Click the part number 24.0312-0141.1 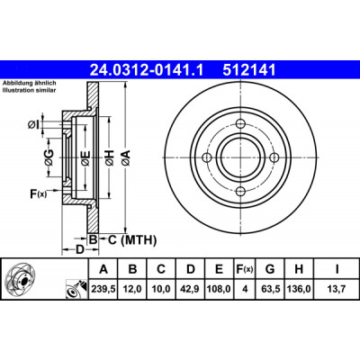tap(147, 70)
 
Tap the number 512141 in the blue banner tap(249, 70)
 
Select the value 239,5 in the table tap(103, 289)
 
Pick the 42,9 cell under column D tap(191, 289)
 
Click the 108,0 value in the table tap(220, 289)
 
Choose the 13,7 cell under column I tap(337, 289)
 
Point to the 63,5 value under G tap(270, 289)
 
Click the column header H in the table tap(299, 269)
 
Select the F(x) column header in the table tap(245, 269)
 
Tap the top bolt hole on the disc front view tap(241, 123)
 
